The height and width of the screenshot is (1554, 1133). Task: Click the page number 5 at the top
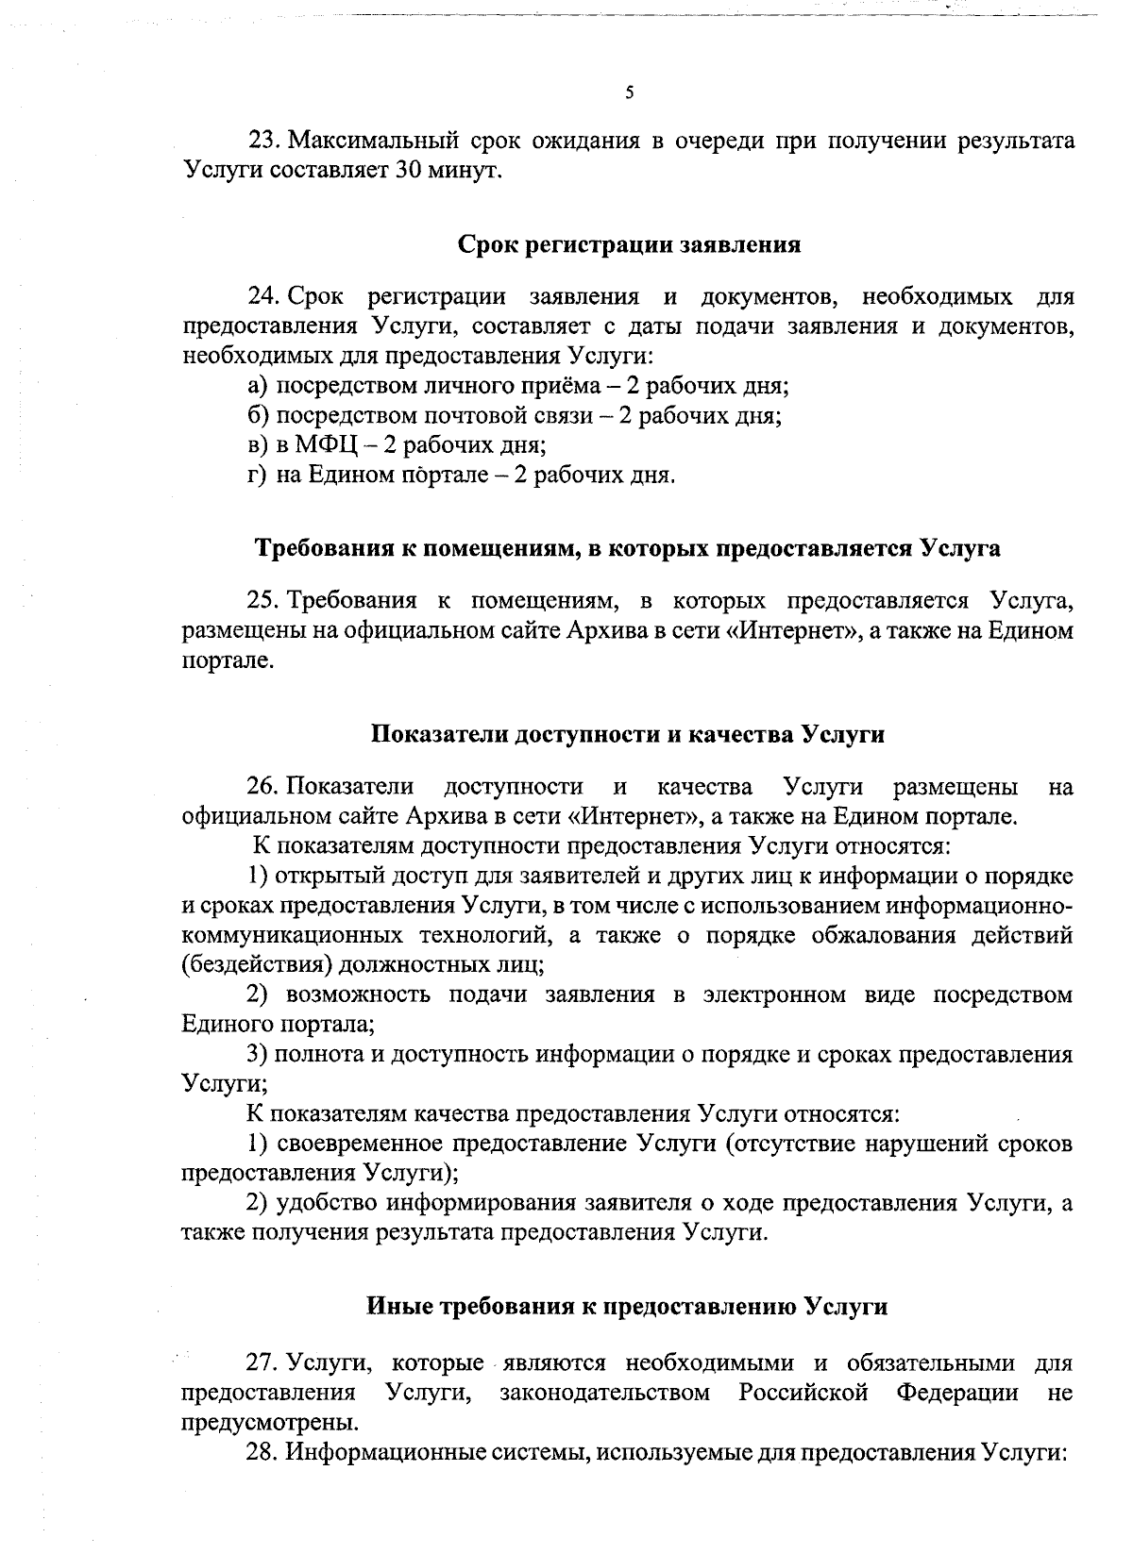coord(630,92)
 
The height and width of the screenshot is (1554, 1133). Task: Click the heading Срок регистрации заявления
coord(629,245)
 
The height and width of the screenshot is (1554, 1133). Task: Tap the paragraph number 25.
coord(261,601)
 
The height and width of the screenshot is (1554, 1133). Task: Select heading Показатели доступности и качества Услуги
coord(627,734)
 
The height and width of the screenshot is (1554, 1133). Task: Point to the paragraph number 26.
coord(261,787)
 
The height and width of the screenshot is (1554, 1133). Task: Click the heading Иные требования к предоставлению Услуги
coord(627,1307)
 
